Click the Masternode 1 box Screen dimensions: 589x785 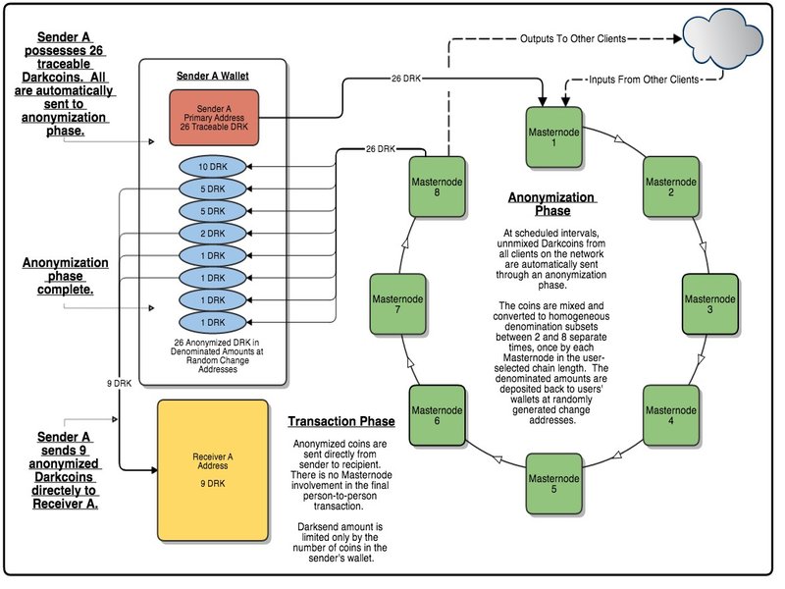tap(554, 136)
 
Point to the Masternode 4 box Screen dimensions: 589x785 tap(672, 413)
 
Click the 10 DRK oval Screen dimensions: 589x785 tap(213, 168)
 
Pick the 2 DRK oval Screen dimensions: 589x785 tap(213, 234)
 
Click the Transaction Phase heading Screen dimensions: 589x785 tap(340, 422)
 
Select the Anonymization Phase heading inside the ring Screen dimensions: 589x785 tap(552, 203)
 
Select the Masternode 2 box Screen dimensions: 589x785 tap(672, 187)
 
